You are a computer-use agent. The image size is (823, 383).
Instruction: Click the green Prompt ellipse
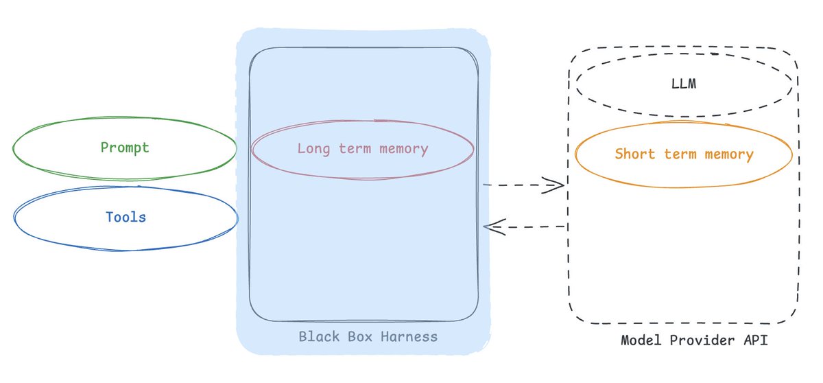pyautogui.click(x=125, y=148)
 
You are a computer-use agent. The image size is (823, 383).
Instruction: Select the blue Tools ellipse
pyautogui.click(x=126, y=218)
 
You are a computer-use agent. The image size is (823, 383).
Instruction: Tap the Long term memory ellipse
pyautogui.click(x=362, y=149)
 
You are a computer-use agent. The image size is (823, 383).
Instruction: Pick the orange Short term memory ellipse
pyautogui.click(x=684, y=154)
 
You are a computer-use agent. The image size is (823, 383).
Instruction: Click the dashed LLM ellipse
pyautogui.click(x=684, y=85)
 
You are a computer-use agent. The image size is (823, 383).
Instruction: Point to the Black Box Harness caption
pyautogui.click(x=368, y=337)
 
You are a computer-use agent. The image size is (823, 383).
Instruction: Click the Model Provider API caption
pyautogui.click(x=694, y=340)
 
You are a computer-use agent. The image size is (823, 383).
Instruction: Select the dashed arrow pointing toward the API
pyautogui.click(x=523, y=185)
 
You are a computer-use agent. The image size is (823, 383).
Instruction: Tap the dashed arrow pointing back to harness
pyautogui.click(x=525, y=227)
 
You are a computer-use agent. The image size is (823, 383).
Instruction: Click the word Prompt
pyautogui.click(x=125, y=148)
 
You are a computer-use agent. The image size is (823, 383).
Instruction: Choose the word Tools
pyautogui.click(x=126, y=218)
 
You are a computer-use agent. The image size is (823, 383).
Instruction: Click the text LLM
pyautogui.click(x=684, y=85)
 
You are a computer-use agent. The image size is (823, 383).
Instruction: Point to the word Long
pyautogui.click(x=312, y=149)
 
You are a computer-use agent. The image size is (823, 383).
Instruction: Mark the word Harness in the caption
pyautogui.click(x=410, y=337)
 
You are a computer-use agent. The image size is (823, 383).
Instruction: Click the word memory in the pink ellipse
pyautogui.click(x=405, y=149)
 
